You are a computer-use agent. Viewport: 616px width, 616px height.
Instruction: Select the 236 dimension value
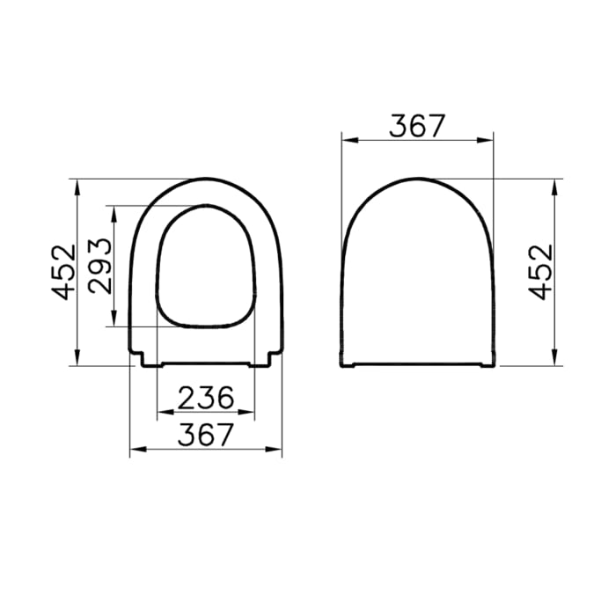[x=207, y=399]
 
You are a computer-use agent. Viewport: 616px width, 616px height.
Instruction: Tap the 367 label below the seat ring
[x=207, y=434]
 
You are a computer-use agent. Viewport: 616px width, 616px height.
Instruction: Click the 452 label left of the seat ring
[x=62, y=272]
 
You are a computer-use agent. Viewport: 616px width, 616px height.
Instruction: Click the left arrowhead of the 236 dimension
[x=161, y=413]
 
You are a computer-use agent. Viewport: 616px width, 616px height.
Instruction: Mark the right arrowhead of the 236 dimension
[x=250, y=413]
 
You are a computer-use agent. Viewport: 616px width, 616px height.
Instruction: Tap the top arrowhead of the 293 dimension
[x=114, y=211]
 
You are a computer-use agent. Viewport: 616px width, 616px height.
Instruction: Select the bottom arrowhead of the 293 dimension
[x=114, y=321]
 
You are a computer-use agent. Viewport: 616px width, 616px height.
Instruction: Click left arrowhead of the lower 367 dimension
[x=135, y=449]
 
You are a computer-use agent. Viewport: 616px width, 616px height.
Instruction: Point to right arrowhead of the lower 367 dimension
[x=277, y=449]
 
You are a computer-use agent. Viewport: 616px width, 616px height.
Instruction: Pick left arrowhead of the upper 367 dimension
[x=346, y=139]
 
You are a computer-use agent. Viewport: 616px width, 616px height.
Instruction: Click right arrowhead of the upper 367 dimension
[x=489, y=139]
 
